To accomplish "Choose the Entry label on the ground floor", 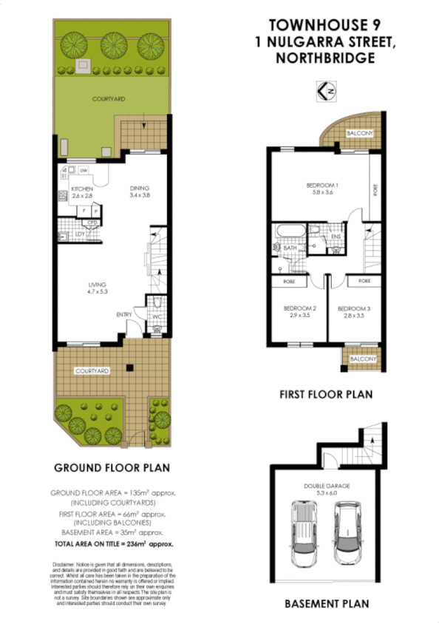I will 123,314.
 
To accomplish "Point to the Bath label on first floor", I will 290,248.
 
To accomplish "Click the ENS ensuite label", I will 335,237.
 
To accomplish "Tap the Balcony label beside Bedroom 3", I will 362,359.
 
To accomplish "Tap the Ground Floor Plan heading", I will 112,467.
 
